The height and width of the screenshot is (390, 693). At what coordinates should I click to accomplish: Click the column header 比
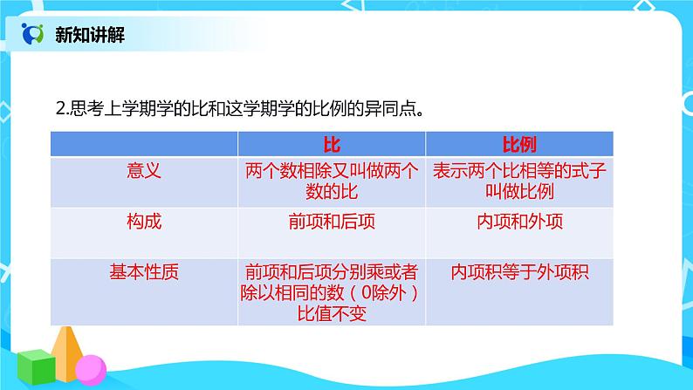tap(331, 144)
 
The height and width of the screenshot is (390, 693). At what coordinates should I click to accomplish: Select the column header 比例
tap(519, 144)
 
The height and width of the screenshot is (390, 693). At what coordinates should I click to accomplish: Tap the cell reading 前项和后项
tap(331, 222)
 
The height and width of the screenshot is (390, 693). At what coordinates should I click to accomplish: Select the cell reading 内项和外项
tap(519, 222)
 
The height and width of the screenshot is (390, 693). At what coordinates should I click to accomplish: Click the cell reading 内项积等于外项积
tap(519, 272)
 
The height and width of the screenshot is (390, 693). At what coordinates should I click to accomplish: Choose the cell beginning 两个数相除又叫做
tap(331, 181)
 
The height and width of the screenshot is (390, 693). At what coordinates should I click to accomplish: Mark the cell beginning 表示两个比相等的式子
tap(519, 181)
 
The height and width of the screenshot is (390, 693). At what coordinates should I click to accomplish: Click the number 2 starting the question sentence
tap(58, 109)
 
